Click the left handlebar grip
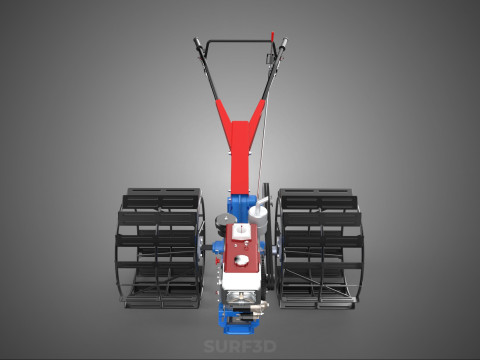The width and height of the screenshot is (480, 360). [x=198, y=44]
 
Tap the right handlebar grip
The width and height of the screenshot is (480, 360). [x=283, y=44]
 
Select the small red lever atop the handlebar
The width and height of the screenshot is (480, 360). [x=272, y=36]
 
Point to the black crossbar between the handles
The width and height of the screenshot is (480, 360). [x=239, y=42]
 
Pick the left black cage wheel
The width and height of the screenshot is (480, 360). [x=160, y=248]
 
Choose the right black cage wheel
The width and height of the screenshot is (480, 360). [x=319, y=249]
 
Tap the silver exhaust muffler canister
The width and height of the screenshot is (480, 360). [x=258, y=214]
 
